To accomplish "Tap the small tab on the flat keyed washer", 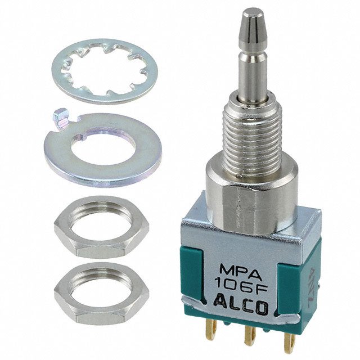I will coord(58,119).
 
